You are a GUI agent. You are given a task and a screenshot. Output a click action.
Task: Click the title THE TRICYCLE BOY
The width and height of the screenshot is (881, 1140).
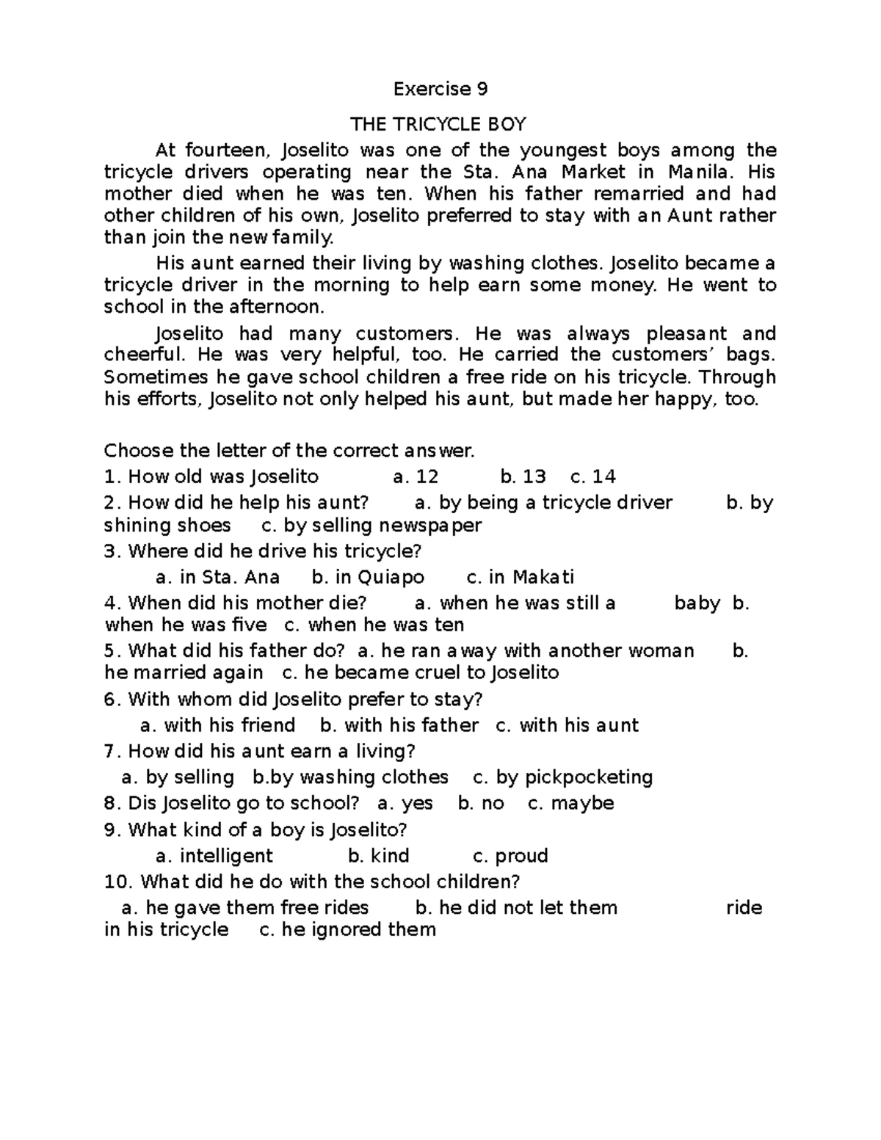point(438,124)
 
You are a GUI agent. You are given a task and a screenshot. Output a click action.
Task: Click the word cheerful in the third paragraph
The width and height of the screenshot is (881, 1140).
point(144,355)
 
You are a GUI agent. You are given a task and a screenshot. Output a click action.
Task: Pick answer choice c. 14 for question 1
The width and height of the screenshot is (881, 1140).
point(592,477)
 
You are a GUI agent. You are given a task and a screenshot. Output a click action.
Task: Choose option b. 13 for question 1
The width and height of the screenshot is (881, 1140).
point(523,477)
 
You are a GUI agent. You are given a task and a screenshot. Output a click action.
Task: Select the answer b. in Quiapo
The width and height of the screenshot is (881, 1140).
point(368,577)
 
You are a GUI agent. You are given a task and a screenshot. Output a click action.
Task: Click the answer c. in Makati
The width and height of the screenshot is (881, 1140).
point(521,577)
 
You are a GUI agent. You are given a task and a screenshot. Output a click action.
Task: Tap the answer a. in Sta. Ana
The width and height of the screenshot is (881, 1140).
point(218,577)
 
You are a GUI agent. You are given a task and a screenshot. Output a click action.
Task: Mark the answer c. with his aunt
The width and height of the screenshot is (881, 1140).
point(567,725)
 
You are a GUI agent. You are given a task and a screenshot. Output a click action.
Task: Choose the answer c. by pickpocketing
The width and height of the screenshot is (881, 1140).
point(562,777)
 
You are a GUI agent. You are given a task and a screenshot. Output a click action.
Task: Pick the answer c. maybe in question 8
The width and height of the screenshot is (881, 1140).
point(570,803)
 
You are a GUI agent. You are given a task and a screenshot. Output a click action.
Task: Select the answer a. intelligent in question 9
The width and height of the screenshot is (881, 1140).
point(214,856)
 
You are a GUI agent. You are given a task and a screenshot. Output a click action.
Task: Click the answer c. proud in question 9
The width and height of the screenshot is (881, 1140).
point(510,856)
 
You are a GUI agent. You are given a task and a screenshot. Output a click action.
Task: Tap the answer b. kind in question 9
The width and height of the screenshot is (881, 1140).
point(378,856)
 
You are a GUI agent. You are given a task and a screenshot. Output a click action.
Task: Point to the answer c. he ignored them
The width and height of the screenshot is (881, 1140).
point(348,930)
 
